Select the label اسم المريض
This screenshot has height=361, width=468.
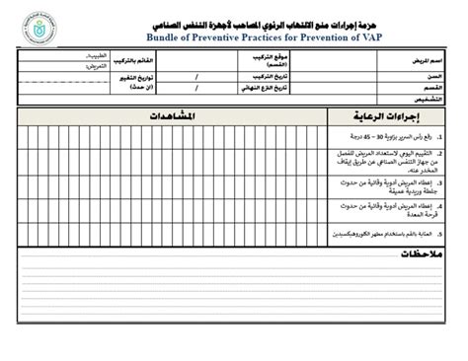pos(424,61)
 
